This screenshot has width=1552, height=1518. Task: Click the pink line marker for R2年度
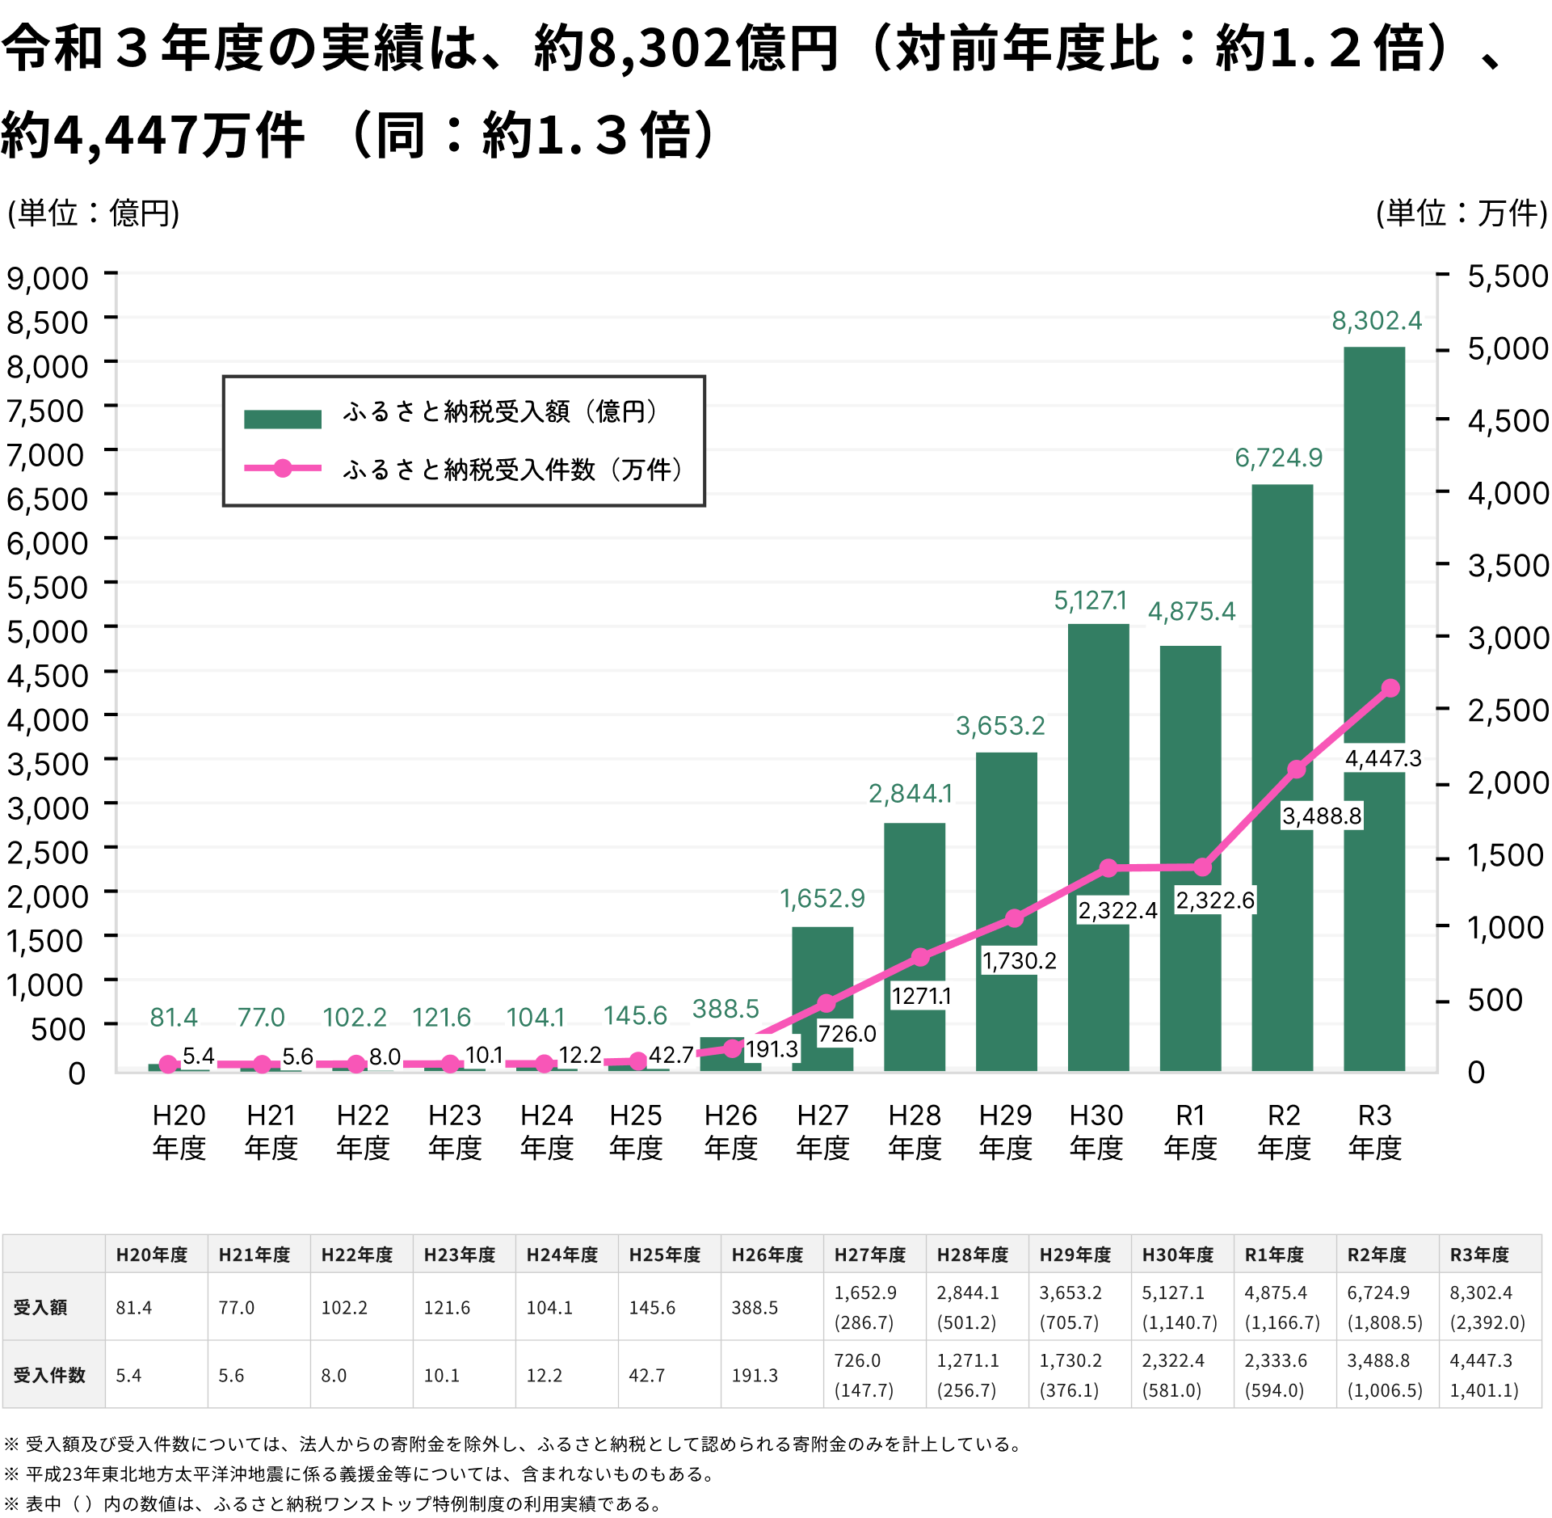click(x=1296, y=770)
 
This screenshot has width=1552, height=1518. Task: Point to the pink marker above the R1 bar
click(x=1202, y=867)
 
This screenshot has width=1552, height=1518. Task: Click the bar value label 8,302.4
click(x=1377, y=321)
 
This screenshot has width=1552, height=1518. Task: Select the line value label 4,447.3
click(x=1383, y=758)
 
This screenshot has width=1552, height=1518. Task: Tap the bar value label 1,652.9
click(x=822, y=898)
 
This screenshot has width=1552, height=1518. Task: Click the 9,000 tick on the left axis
click(x=48, y=277)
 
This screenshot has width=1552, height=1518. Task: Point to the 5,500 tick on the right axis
click(x=1508, y=276)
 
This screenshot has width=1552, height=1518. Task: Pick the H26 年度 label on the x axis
click(x=730, y=1132)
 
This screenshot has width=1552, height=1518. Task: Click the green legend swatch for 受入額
click(x=283, y=419)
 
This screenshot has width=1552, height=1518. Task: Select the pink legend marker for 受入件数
click(x=283, y=468)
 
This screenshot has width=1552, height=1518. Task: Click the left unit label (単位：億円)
click(x=93, y=213)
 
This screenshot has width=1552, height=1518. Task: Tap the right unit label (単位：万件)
click(x=1462, y=213)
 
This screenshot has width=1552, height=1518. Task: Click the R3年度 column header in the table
click(x=1479, y=1254)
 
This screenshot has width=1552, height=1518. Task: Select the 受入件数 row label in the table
click(x=49, y=1375)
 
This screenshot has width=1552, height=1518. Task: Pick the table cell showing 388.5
click(x=755, y=1308)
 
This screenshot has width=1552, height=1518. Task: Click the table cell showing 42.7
click(x=646, y=1375)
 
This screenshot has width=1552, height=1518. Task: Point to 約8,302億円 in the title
click(x=685, y=48)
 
